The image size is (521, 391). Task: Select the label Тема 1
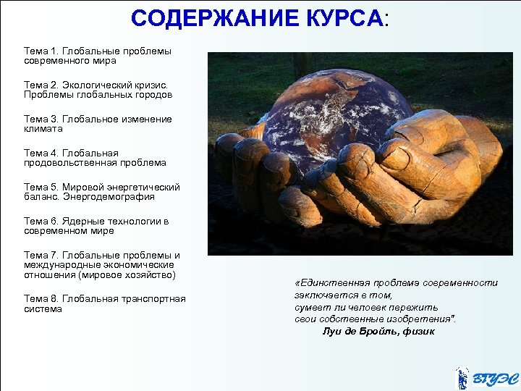[41, 51]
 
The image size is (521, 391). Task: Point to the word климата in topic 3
[43, 129]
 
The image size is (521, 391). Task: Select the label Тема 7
[41, 255]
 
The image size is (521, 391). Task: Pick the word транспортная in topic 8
[156, 299]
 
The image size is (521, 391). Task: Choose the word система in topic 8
[43, 309]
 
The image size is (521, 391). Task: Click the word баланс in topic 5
[40, 196]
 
